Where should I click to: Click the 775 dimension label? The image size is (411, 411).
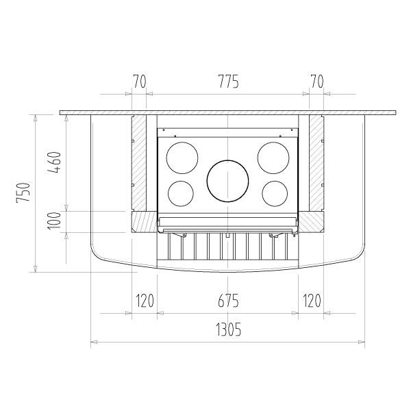(229, 82)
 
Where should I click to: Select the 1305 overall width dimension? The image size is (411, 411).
(228, 329)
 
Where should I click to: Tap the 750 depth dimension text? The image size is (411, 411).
(23, 192)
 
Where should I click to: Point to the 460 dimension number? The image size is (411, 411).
(54, 162)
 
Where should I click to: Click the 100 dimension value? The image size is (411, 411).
(54, 221)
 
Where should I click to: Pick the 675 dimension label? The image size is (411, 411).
(228, 301)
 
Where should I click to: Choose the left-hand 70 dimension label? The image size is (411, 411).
(139, 82)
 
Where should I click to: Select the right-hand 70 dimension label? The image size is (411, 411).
(317, 82)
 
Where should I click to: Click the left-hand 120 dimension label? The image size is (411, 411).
(145, 301)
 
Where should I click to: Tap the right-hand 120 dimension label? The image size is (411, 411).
(312, 301)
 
